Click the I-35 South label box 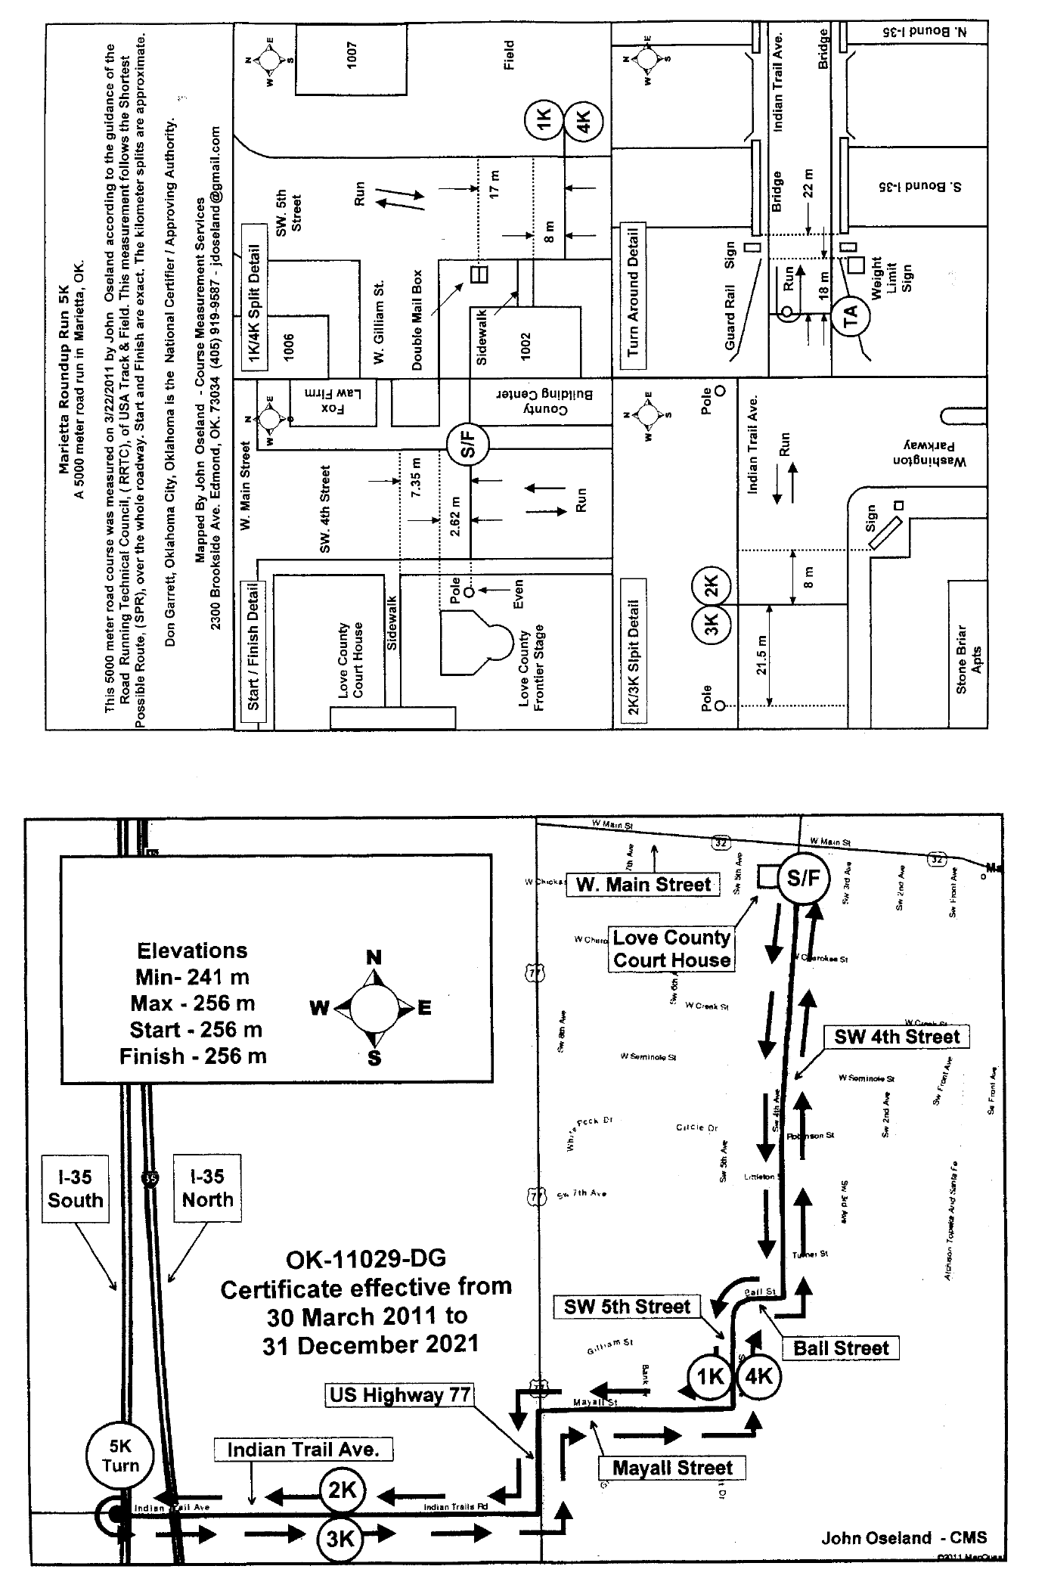(x=75, y=1188)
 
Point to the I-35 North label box (x=207, y=1188)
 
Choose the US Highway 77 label (x=400, y=1395)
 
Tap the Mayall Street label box (x=672, y=1468)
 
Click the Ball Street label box (x=841, y=1347)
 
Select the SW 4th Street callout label (x=897, y=1037)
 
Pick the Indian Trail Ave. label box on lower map (x=302, y=1450)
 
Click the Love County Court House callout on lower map (x=671, y=949)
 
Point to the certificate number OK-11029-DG (x=366, y=1259)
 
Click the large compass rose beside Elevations (x=374, y=1007)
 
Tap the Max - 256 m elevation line (x=193, y=1003)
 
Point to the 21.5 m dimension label (x=763, y=655)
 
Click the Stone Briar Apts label (x=969, y=659)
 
